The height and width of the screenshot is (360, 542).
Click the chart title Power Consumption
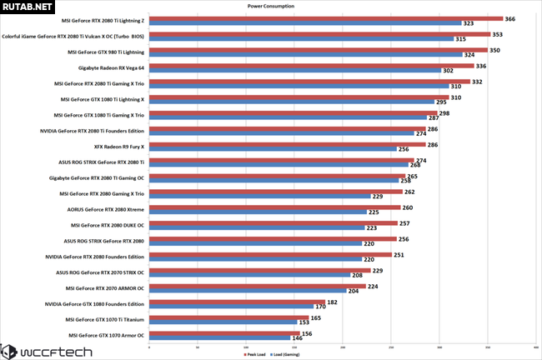270,5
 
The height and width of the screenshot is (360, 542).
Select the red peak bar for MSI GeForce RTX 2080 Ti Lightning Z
325,17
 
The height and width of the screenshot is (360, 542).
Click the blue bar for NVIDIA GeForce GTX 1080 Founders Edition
225,307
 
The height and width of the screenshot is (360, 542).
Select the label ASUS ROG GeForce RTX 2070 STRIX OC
100,272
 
